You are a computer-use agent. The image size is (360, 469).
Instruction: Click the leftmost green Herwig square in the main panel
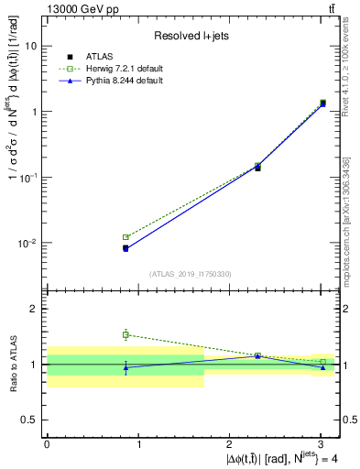(x=125, y=237)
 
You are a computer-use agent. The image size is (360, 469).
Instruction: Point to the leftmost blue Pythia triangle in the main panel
(x=125, y=248)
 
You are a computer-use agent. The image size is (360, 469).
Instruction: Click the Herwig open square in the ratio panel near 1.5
(x=125, y=335)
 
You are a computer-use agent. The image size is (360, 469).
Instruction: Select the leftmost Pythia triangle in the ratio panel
(x=125, y=367)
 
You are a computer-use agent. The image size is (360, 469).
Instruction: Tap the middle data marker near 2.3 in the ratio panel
(x=257, y=355)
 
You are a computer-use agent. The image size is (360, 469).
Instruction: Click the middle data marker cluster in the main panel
(x=257, y=167)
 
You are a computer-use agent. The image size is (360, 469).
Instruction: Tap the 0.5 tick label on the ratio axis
(x=30, y=420)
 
